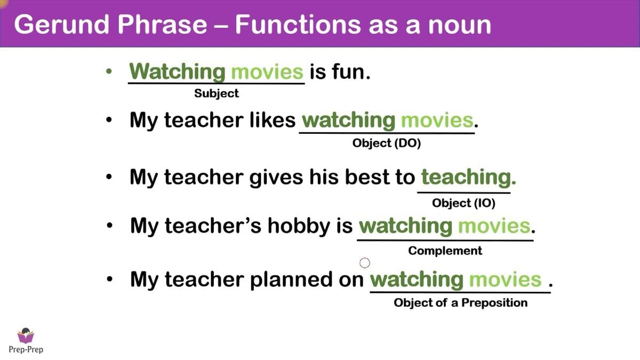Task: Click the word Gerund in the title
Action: [62, 25]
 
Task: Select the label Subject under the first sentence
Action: [217, 93]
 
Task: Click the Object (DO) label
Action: [387, 143]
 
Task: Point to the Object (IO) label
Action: [463, 203]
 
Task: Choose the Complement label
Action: [445, 251]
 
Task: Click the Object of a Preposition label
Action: [461, 302]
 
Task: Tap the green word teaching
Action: [469, 178]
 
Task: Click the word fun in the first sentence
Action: [351, 71]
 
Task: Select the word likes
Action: [273, 120]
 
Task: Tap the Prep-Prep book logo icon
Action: [26, 335]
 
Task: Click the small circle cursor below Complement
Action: [365, 262]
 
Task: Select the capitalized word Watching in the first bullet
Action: [177, 71]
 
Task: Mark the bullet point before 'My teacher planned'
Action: [109, 278]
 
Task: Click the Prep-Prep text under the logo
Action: [26, 349]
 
